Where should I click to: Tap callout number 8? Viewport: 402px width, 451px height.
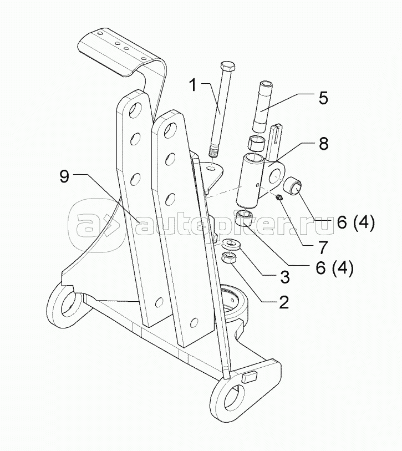323,144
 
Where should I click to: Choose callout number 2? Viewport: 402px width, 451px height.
283,303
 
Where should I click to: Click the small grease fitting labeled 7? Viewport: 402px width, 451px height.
280,197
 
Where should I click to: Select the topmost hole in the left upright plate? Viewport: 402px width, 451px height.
133,110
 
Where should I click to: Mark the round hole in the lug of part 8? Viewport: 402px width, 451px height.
275,178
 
